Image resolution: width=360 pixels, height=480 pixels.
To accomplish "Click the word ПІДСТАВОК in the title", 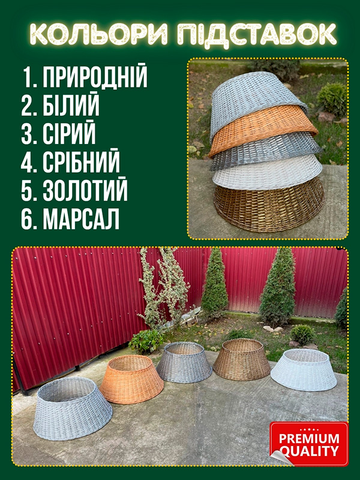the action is coord(257,34).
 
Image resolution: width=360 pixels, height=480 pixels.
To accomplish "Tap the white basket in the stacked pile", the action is coord(267,173).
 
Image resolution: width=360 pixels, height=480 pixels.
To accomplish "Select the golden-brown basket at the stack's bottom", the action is coord(269,206).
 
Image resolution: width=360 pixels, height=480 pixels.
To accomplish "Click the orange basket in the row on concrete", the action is coord(131,379).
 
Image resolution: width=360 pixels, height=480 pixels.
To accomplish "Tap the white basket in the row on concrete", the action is coord(304,370).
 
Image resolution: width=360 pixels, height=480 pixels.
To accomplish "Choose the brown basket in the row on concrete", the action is coord(242,359).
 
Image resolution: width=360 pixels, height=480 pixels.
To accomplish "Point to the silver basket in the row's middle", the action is coord(184,362).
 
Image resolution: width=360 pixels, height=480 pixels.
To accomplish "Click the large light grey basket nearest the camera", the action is coord(72,409).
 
